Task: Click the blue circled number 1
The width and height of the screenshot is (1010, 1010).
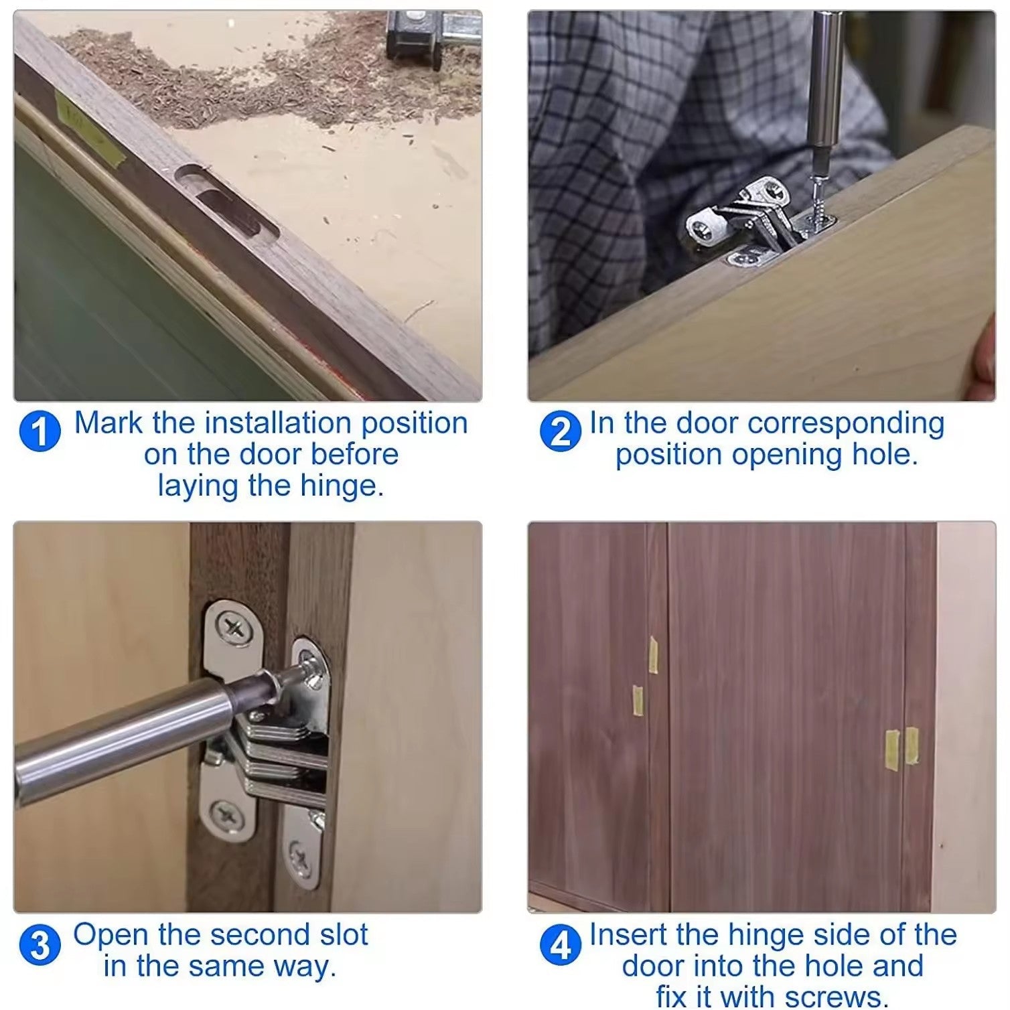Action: tap(40, 431)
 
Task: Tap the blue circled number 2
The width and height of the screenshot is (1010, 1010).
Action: tap(560, 431)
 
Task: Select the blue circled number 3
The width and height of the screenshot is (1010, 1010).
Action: tap(40, 946)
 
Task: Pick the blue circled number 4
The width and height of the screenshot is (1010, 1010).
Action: tap(560, 946)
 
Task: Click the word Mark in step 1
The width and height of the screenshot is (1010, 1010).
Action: tap(109, 423)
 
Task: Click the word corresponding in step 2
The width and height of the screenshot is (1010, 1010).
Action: tap(845, 423)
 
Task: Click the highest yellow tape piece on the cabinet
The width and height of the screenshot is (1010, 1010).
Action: tap(654, 654)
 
